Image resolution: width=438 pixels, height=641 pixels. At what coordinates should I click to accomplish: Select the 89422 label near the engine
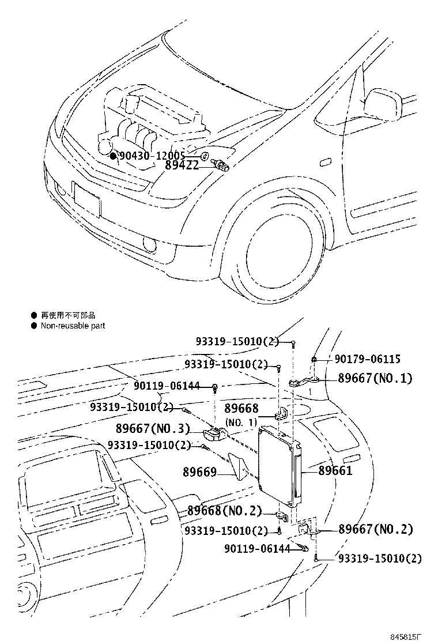coord(182,165)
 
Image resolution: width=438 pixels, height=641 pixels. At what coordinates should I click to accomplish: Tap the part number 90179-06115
coord(368,359)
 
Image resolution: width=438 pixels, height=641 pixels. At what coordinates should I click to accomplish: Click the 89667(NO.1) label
coord(376,379)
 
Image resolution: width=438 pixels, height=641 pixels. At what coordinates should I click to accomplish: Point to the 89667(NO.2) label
coord(376,529)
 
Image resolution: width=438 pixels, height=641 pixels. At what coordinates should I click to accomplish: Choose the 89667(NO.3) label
coord(153,429)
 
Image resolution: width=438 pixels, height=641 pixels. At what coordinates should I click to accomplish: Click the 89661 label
coord(335,471)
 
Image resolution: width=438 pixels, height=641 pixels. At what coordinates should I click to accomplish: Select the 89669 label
coord(199,473)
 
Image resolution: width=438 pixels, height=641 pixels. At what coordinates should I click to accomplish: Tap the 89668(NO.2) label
coord(225,511)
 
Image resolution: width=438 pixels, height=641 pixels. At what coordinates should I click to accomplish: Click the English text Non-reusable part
coord(73,326)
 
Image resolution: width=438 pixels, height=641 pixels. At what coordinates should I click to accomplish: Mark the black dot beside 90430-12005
coord(114,156)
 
